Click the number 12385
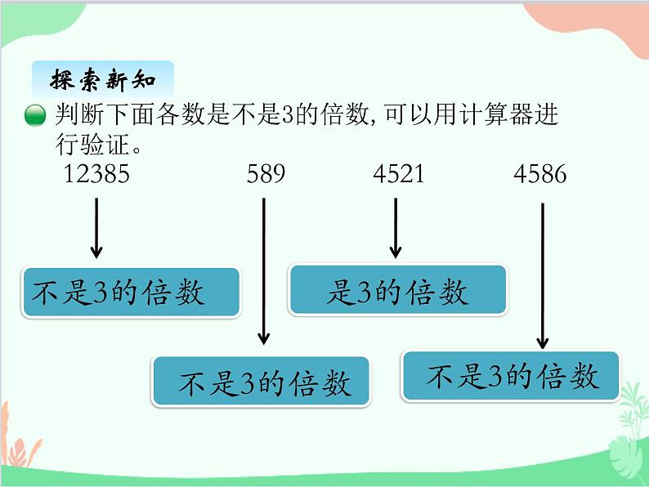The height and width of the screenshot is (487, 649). [96, 174]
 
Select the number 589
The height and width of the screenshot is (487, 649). [265, 174]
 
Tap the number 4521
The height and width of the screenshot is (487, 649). [398, 174]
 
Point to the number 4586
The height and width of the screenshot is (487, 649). [539, 174]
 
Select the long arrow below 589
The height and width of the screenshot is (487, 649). [263, 270]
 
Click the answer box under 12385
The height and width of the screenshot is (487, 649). [131, 293]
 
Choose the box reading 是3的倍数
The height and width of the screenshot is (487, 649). [397, 290]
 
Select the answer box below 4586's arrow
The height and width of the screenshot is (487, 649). [511, 376]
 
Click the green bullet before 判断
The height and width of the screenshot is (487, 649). [35, 117]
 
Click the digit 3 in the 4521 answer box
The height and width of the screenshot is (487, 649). [364, 293]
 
